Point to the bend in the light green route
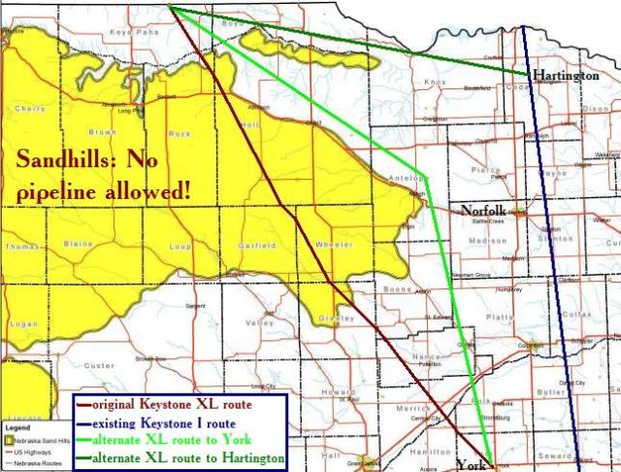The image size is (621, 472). (x=425, y=177)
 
